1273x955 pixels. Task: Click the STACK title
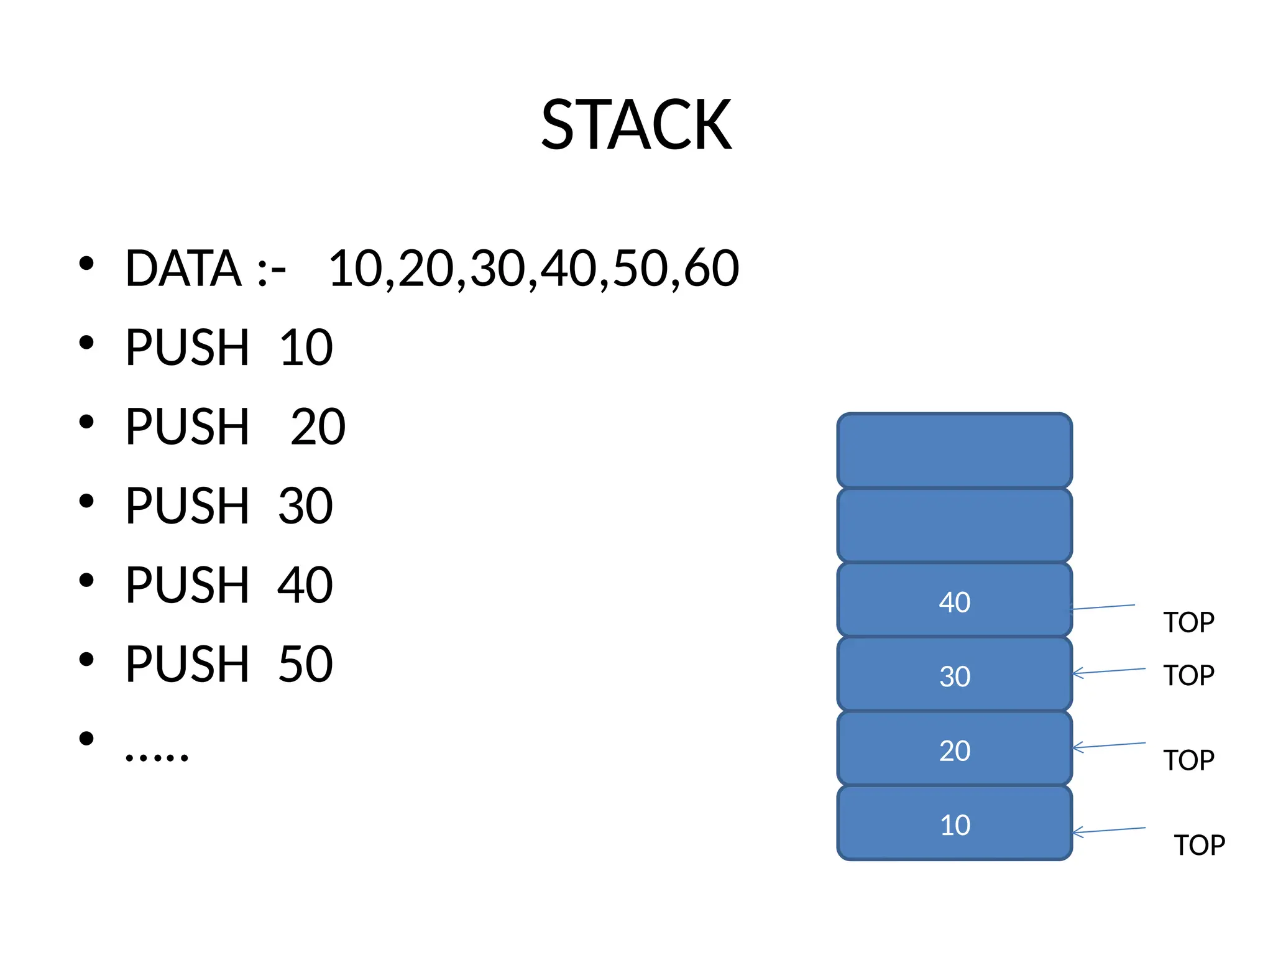tap(636, 126)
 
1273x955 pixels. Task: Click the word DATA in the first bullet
tap(183, 268)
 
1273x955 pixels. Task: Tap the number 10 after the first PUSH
tap(306, 348)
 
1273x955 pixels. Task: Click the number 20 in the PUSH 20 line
tap(318, 427)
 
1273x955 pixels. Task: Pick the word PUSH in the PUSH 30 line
tap(187, 506)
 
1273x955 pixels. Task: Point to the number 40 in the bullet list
tap(305, 585)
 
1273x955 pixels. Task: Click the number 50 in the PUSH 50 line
tap(305, 665)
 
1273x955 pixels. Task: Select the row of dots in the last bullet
tap(156, 757)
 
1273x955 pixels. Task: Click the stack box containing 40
tap(954, 600)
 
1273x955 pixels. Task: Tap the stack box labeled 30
tap(954, 675)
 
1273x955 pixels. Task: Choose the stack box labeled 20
tap(954, 749)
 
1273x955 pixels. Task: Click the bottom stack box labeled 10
tap(954, 824)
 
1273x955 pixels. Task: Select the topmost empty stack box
tap(954, 451)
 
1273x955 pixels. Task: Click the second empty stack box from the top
tap(954, 525)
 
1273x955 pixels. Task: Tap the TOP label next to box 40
tap(1188, 622)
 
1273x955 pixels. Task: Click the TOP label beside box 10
tap(1199, 846)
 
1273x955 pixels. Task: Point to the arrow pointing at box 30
tap(1109, 671)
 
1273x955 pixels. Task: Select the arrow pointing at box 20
tap(1109, 745)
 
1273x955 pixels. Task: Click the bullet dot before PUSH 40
tap(86, 580)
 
